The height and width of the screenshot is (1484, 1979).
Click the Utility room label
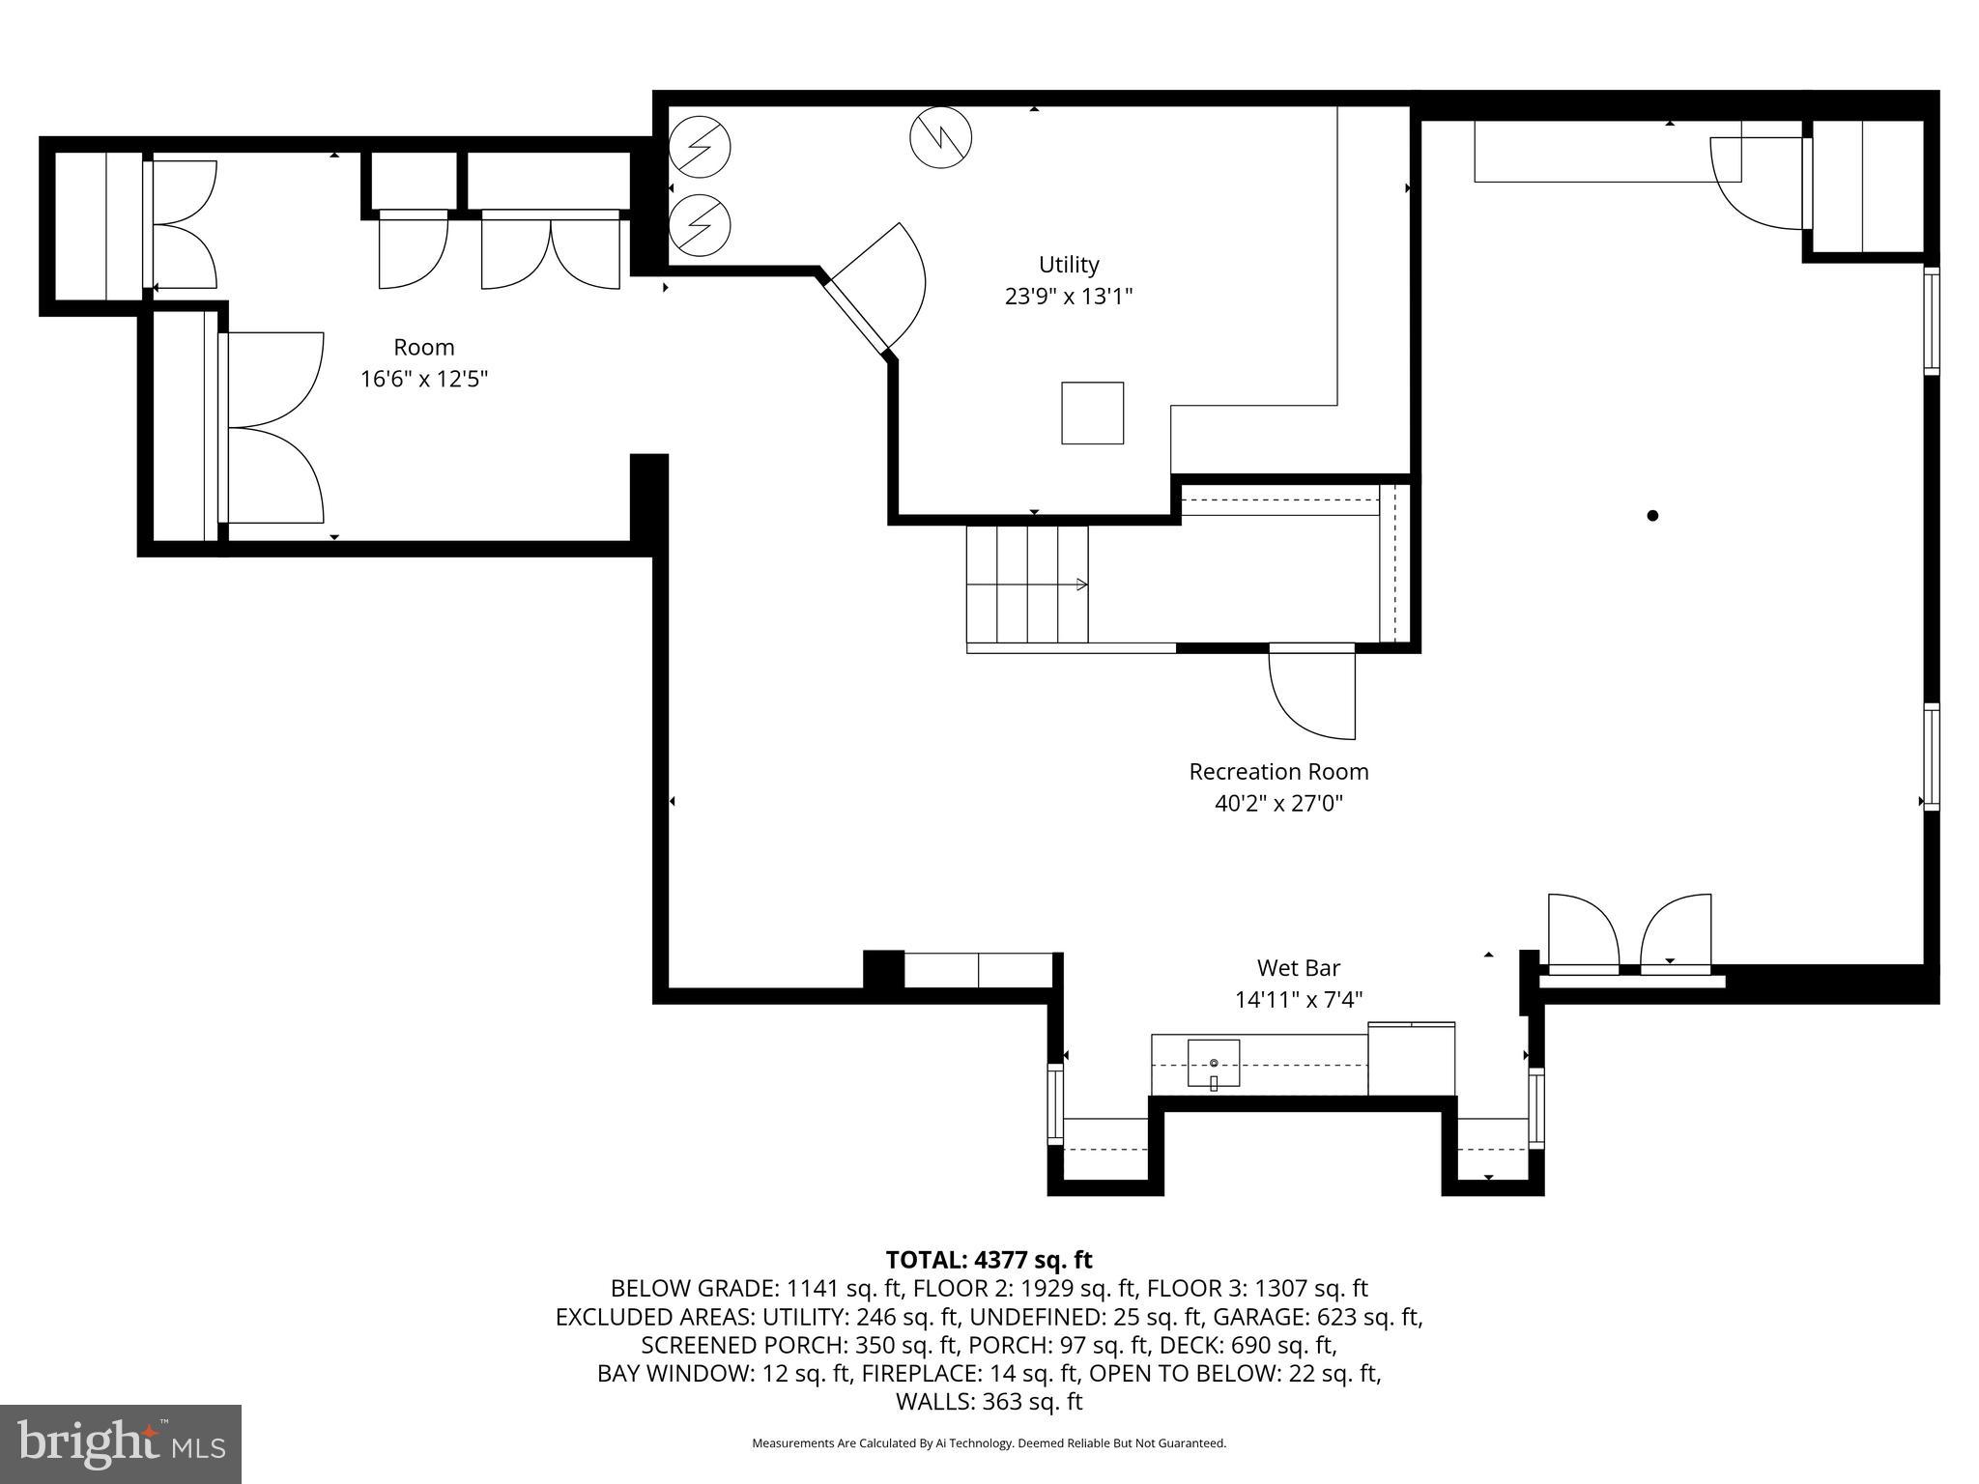coord(1068,264)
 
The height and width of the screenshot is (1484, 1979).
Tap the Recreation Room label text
coord(1277,771)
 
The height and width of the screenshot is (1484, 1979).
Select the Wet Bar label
coord(1298,967)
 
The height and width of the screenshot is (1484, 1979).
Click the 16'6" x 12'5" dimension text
coord(423,379)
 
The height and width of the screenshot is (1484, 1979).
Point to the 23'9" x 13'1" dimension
coord(1068,296)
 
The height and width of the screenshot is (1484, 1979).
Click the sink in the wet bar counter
coord(1213,1064)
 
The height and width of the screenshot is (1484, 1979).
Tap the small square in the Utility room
coord(1092,413)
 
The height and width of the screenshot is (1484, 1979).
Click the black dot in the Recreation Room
coord(1652,515)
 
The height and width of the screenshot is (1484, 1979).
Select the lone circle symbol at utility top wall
coord(940,137)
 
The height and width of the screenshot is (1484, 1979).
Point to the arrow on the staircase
coord(1080,585)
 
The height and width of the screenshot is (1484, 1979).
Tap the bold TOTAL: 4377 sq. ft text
coord(989,1260)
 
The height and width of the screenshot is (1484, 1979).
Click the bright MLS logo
coord(121,1443)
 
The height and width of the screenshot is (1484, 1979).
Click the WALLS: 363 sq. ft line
coord(989,1401)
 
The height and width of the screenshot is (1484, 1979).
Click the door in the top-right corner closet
coord(1757,184)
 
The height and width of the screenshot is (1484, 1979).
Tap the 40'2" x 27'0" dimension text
coord(1277,803)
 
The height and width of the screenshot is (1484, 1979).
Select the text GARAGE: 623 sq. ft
coord(1316,1317)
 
